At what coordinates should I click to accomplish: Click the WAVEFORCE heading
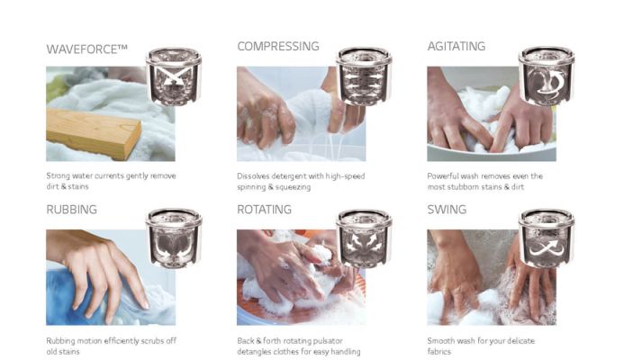pyautogui.click(x=86, y=49)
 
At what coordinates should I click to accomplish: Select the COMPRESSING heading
pyautogui.click(x=278, y=47)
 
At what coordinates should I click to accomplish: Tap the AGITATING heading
pyautogui.click(x=457, y=47)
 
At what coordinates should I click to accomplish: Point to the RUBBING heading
pyautogui.click(x=71, y=210)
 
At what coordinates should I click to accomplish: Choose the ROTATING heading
pyautogui.click(x=264, y=210)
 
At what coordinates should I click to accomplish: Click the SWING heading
pyautogui.click(x=447, y=210)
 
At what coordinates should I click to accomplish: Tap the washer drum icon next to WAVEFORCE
pyautogui.click(x=174, y=76)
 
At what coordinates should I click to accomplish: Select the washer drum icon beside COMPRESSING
pyautogui.click(x=364, y=76)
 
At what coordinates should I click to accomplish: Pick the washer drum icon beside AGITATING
pyautogui.click(x=547, y=76)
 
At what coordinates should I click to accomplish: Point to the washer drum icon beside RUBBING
pyautogui.click(x=174, y=238)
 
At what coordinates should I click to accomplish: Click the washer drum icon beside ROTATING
pyautogui.click(x=364, y=238)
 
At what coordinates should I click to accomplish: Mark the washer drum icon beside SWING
pyautogui.click(x=547, y=238)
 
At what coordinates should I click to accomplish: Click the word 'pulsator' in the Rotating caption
pyautogui.click(x=327, y=341)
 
